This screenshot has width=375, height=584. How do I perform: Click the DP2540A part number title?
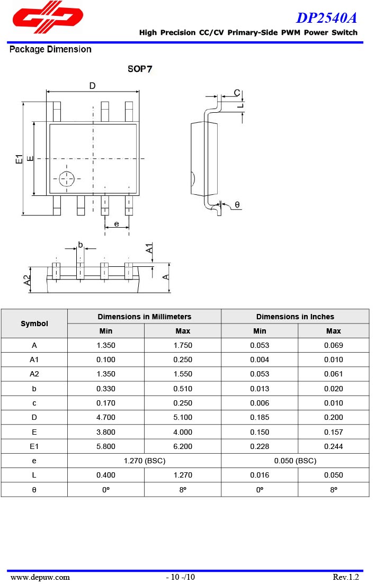326,18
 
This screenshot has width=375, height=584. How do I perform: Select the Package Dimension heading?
50,50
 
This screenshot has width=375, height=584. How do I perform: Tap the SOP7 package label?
140,69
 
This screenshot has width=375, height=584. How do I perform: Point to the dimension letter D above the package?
92,86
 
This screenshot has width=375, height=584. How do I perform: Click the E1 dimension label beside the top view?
19,159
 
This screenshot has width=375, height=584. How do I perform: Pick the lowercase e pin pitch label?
117,223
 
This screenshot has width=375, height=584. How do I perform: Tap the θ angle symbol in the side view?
237,204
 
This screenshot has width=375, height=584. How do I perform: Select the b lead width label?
81,244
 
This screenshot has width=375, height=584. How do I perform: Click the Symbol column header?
34,324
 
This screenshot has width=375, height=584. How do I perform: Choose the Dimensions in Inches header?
295,317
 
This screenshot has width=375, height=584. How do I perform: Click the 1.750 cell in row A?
183,345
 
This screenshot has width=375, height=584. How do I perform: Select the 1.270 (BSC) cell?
144,461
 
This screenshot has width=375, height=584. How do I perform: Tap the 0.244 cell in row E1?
333,446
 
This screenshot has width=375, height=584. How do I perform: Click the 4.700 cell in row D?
106,418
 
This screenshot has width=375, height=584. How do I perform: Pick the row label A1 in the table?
34,360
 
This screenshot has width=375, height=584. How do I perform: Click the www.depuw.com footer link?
40,577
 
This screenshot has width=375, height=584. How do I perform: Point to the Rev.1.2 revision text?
345,577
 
